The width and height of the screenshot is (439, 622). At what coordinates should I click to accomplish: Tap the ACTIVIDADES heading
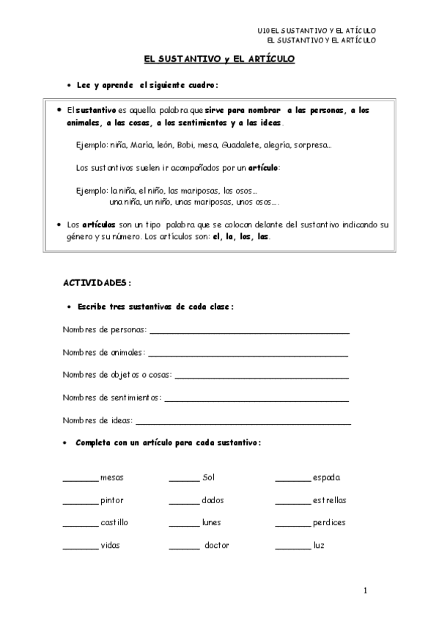[97, 282]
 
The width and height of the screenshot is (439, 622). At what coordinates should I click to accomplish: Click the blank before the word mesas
[80, 480]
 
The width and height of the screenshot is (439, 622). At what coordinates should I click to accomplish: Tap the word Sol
[208, 478]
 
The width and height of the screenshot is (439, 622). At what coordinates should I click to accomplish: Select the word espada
[326, 478]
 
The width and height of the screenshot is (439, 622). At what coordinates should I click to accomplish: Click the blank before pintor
[80, 502]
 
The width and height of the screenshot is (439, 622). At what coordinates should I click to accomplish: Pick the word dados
[213, 500]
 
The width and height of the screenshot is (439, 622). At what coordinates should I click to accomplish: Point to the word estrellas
[329, 500]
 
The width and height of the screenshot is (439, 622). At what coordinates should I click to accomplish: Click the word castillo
[114, 522]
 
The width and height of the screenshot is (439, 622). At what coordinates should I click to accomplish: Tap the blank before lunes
[184, 525]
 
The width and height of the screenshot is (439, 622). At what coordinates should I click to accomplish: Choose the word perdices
[328, 522]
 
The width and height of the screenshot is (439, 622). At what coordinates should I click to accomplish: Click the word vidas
[110, 545]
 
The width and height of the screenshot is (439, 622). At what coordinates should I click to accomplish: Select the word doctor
[218, 545]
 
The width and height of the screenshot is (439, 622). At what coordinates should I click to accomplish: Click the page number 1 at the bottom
[365, 590]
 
